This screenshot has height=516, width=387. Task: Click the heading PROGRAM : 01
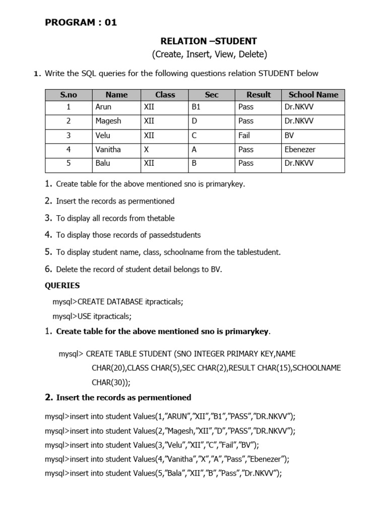(81, 22)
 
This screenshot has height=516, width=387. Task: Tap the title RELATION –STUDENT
(209, 41)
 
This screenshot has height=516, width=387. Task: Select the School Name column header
(313, 95)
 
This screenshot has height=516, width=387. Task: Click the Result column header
(259, 95)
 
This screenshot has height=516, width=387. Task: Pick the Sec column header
(212, 95)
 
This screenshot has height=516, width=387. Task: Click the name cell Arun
(103, 107)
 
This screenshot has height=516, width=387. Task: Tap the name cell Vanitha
(108, 149)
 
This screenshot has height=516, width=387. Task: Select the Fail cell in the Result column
(244, 135)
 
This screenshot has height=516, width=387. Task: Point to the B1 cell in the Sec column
(196, 107)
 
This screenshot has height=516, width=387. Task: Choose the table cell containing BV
(289, 135)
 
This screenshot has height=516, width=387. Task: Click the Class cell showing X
(146, 149)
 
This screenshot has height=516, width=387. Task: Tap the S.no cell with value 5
(68, 163)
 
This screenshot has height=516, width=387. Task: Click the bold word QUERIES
(62, 285)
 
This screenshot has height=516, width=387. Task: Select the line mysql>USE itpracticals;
(92, 316)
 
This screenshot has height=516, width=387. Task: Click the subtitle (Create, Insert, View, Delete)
(209, 54)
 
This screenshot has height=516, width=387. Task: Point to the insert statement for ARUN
(170, 417)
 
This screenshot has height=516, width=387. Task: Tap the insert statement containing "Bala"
(163, 473)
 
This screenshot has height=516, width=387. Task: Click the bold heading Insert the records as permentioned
(123, 398)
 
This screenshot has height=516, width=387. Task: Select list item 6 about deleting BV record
(139, 269)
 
